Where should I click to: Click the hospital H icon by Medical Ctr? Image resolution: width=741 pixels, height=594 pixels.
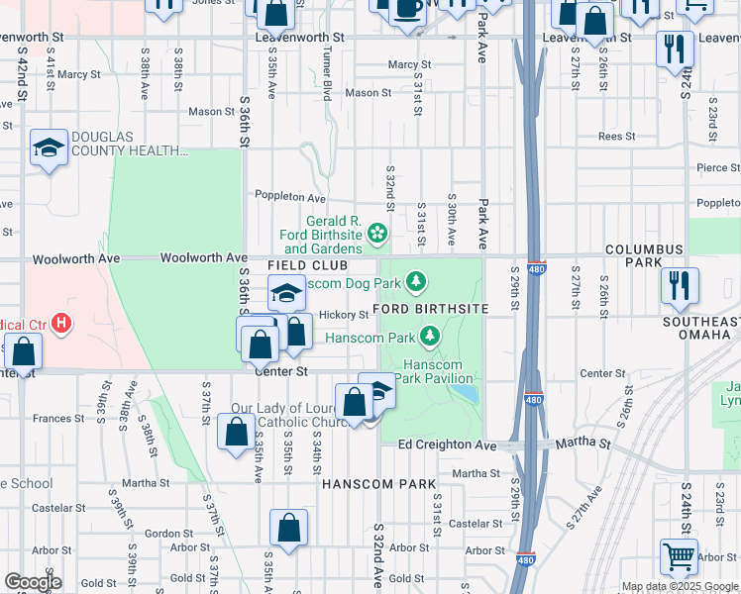[x=62, y=323]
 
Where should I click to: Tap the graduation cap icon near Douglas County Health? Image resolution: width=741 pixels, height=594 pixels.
[x=48, y=148]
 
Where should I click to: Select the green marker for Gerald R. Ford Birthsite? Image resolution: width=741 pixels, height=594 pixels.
[x=376, y=234]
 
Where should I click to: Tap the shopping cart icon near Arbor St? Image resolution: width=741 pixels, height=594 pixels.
[x=679, y=556]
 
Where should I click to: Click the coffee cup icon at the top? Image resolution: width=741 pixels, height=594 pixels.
[x=405, y=8]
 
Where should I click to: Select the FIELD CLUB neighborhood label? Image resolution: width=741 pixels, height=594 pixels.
[x=307, y=266]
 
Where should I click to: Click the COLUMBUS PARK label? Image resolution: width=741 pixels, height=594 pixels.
[x=645, y=255]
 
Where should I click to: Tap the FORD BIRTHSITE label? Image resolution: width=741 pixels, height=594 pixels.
[x=431, y=309]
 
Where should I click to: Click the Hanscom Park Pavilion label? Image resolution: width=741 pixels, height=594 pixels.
[x=438, y=371]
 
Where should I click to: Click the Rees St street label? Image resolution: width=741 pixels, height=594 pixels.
[x=615, y=137]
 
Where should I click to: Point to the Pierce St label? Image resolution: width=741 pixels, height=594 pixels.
[x=717, y=168]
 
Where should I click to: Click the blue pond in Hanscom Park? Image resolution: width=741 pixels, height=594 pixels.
[x=464, y=393]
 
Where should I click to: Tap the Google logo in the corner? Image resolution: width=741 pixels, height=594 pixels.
[x=33, y=582]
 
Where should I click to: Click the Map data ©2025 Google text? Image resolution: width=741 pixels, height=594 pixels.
[x=680, y=586]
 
